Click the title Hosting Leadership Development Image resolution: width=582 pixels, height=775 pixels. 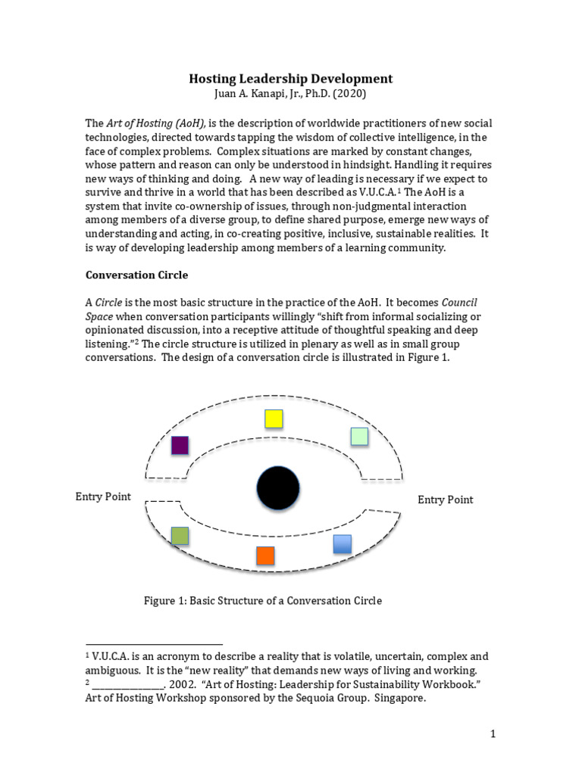tap(290, 79)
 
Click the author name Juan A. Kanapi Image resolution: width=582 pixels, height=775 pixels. tap(251, 95)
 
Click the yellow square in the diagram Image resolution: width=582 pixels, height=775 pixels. tap(274, 419)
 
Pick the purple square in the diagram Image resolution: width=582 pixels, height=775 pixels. tap(180, 445)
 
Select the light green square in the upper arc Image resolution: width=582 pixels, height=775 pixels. tap(359, 436)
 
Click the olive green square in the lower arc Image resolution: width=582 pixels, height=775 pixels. tap(180, 536)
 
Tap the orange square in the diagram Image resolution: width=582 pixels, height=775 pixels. tap(265, 556)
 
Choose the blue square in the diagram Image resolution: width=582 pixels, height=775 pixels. tap(343, 543)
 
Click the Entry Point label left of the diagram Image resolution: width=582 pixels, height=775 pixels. tap(103, 496)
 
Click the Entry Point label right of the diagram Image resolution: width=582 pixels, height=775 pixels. tap(446, 500)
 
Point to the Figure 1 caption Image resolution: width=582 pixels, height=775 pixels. tap(263, 601)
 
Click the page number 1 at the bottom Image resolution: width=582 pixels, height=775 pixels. tap(492, 733)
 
